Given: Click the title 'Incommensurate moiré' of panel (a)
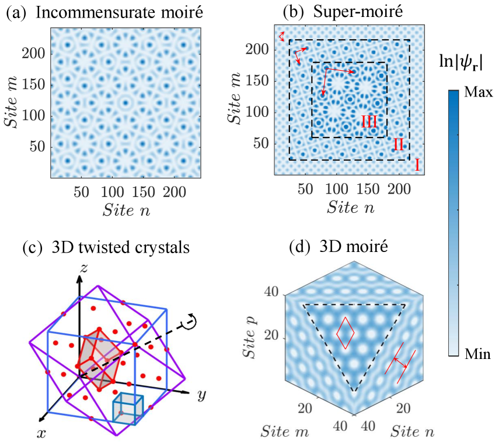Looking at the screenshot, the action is [x=119, y=13].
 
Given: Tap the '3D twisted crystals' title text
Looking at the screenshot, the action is [x=120, y=247].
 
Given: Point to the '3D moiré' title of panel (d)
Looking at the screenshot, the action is [x=354, y=246].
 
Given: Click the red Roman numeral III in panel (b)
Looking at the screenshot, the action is [x=369, y=122].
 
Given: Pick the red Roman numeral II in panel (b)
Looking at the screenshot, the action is [x=399, y=144].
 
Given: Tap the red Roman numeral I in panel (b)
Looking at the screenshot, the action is [x=417, y=165].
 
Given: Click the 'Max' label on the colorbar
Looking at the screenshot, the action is [x=479, y=92].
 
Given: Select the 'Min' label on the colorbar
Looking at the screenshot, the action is [x=477, y=354].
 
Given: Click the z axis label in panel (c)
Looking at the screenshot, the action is [x=83, y=268].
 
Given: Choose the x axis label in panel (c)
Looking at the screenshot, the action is [x=41, y=433].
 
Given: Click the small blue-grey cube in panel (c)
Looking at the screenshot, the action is [x=128, y=409].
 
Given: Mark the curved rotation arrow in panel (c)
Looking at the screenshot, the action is [x=191, y=320].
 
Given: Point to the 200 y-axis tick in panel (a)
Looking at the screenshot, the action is [x=33, y=53].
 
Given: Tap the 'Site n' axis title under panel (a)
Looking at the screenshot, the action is [x=126, y=210].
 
